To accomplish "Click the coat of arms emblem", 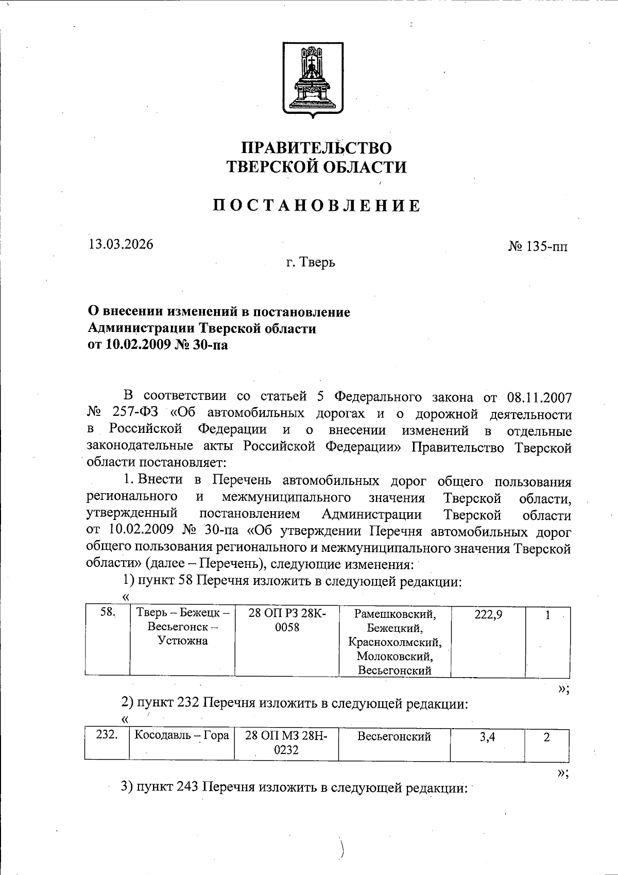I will point(312,78).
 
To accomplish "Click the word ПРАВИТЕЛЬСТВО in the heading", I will point(316,148).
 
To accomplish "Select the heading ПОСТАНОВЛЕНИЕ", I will point(316,206).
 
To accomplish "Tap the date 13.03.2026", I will point(121,244).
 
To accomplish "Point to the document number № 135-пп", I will point(538,246).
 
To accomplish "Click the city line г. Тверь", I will point(311,262).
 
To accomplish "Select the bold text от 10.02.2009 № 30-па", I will point(158,345).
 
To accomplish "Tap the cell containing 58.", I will point(107,613).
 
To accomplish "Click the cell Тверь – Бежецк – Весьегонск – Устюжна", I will point(182,627).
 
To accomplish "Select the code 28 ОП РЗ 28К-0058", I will point(287,620).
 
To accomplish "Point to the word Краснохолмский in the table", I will point(394,643).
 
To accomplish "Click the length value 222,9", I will point(488,614).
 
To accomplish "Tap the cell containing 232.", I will point(107,735).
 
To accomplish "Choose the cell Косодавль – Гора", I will point(181,735).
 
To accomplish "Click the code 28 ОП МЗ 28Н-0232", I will point(286,742).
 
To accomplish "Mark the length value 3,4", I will point(487,737).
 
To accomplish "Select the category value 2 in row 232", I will point(547,737).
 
